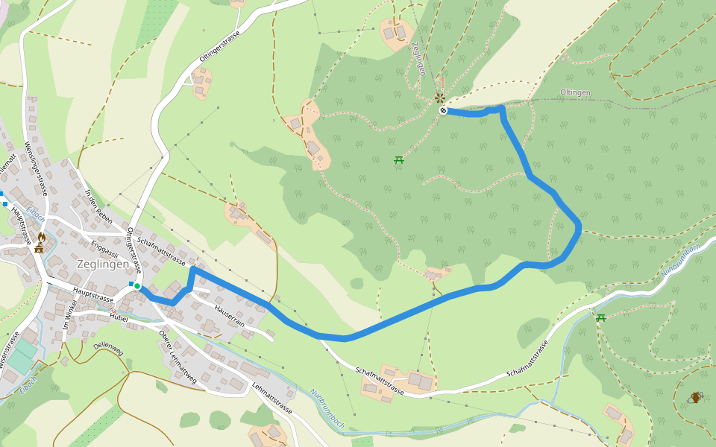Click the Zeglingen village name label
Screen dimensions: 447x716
pos(103,264)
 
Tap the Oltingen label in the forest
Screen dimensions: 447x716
pos(575,92)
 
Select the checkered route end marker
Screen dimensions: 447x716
pos(444,111)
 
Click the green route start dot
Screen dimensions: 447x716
pos(137,286)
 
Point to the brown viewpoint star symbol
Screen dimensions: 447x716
pos(440,98)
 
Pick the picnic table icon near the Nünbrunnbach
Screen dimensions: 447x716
pos(600,318)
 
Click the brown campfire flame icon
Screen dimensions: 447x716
pos(41,236)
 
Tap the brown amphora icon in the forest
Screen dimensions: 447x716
pos(696,397)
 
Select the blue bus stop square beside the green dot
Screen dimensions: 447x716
pos(131,284)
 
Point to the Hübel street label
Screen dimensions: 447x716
pos(119,318)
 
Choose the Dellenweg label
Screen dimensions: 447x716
pos(107,347)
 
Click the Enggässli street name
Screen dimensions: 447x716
pos(104,248)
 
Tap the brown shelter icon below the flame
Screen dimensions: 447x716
pos(39,248)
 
